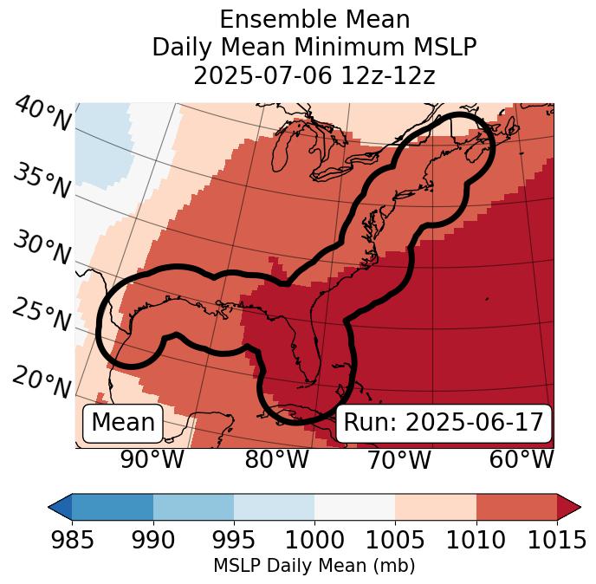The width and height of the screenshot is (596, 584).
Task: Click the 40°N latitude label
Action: (x=42, y=115)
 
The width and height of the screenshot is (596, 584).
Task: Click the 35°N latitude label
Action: (x=42, y=180)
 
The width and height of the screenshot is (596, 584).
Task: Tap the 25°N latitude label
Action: (x=42, y=315)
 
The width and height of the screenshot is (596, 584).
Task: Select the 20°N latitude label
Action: (x=42, y=382)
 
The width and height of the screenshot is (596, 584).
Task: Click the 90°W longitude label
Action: (x=152, y=459)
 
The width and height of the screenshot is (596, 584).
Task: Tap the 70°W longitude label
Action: (x=398, y=459)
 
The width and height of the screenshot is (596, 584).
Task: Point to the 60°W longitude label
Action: (x=521, y=459)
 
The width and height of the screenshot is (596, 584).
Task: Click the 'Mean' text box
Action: (x=123, y=423)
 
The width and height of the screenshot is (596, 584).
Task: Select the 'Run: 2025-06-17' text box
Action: (x=444, y=423)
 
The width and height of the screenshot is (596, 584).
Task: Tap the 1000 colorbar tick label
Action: (x=314, y=540)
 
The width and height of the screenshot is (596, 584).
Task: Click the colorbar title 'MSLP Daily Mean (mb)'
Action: (x=314, y=566)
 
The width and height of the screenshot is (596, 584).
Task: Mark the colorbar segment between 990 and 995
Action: (x=193, y=506)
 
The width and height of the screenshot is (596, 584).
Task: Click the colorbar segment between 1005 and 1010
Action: (x=436, y=506)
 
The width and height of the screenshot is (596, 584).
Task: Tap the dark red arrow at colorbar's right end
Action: (x=568, y=506)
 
